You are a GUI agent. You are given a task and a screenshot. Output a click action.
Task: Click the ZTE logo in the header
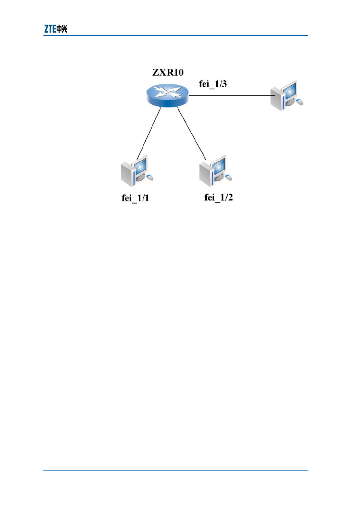point(55,29)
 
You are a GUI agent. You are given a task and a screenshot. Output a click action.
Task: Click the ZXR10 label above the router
point(168,72)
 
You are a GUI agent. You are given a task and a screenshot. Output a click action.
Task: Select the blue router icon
point(168,95)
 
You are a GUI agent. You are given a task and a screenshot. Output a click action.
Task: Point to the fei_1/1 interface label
point(135,198)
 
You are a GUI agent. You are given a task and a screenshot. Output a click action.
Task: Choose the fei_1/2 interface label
point(218,198)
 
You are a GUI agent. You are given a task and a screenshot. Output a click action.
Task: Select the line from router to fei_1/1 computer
point(149,134)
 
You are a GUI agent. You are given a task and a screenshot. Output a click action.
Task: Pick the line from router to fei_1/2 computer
point(192,134)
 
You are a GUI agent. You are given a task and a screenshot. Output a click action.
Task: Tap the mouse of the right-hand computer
point(300,102)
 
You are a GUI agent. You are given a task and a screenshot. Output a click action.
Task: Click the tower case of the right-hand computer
point(277,99)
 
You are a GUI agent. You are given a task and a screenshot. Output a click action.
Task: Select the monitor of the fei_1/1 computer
point(140,166)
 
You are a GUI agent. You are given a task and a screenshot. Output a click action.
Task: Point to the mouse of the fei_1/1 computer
point(150,177)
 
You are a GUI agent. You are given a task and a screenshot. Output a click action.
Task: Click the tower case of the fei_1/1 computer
point(127,174)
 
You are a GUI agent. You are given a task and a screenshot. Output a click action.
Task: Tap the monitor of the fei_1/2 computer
point(218,166)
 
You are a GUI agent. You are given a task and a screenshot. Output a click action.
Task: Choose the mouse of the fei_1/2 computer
point(229,177)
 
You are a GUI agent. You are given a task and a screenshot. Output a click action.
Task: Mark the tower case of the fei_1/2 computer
point(206,174)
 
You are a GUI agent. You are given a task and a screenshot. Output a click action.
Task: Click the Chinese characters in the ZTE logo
point(62,29)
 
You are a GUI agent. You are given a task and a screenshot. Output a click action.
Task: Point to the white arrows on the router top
point(168,93)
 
